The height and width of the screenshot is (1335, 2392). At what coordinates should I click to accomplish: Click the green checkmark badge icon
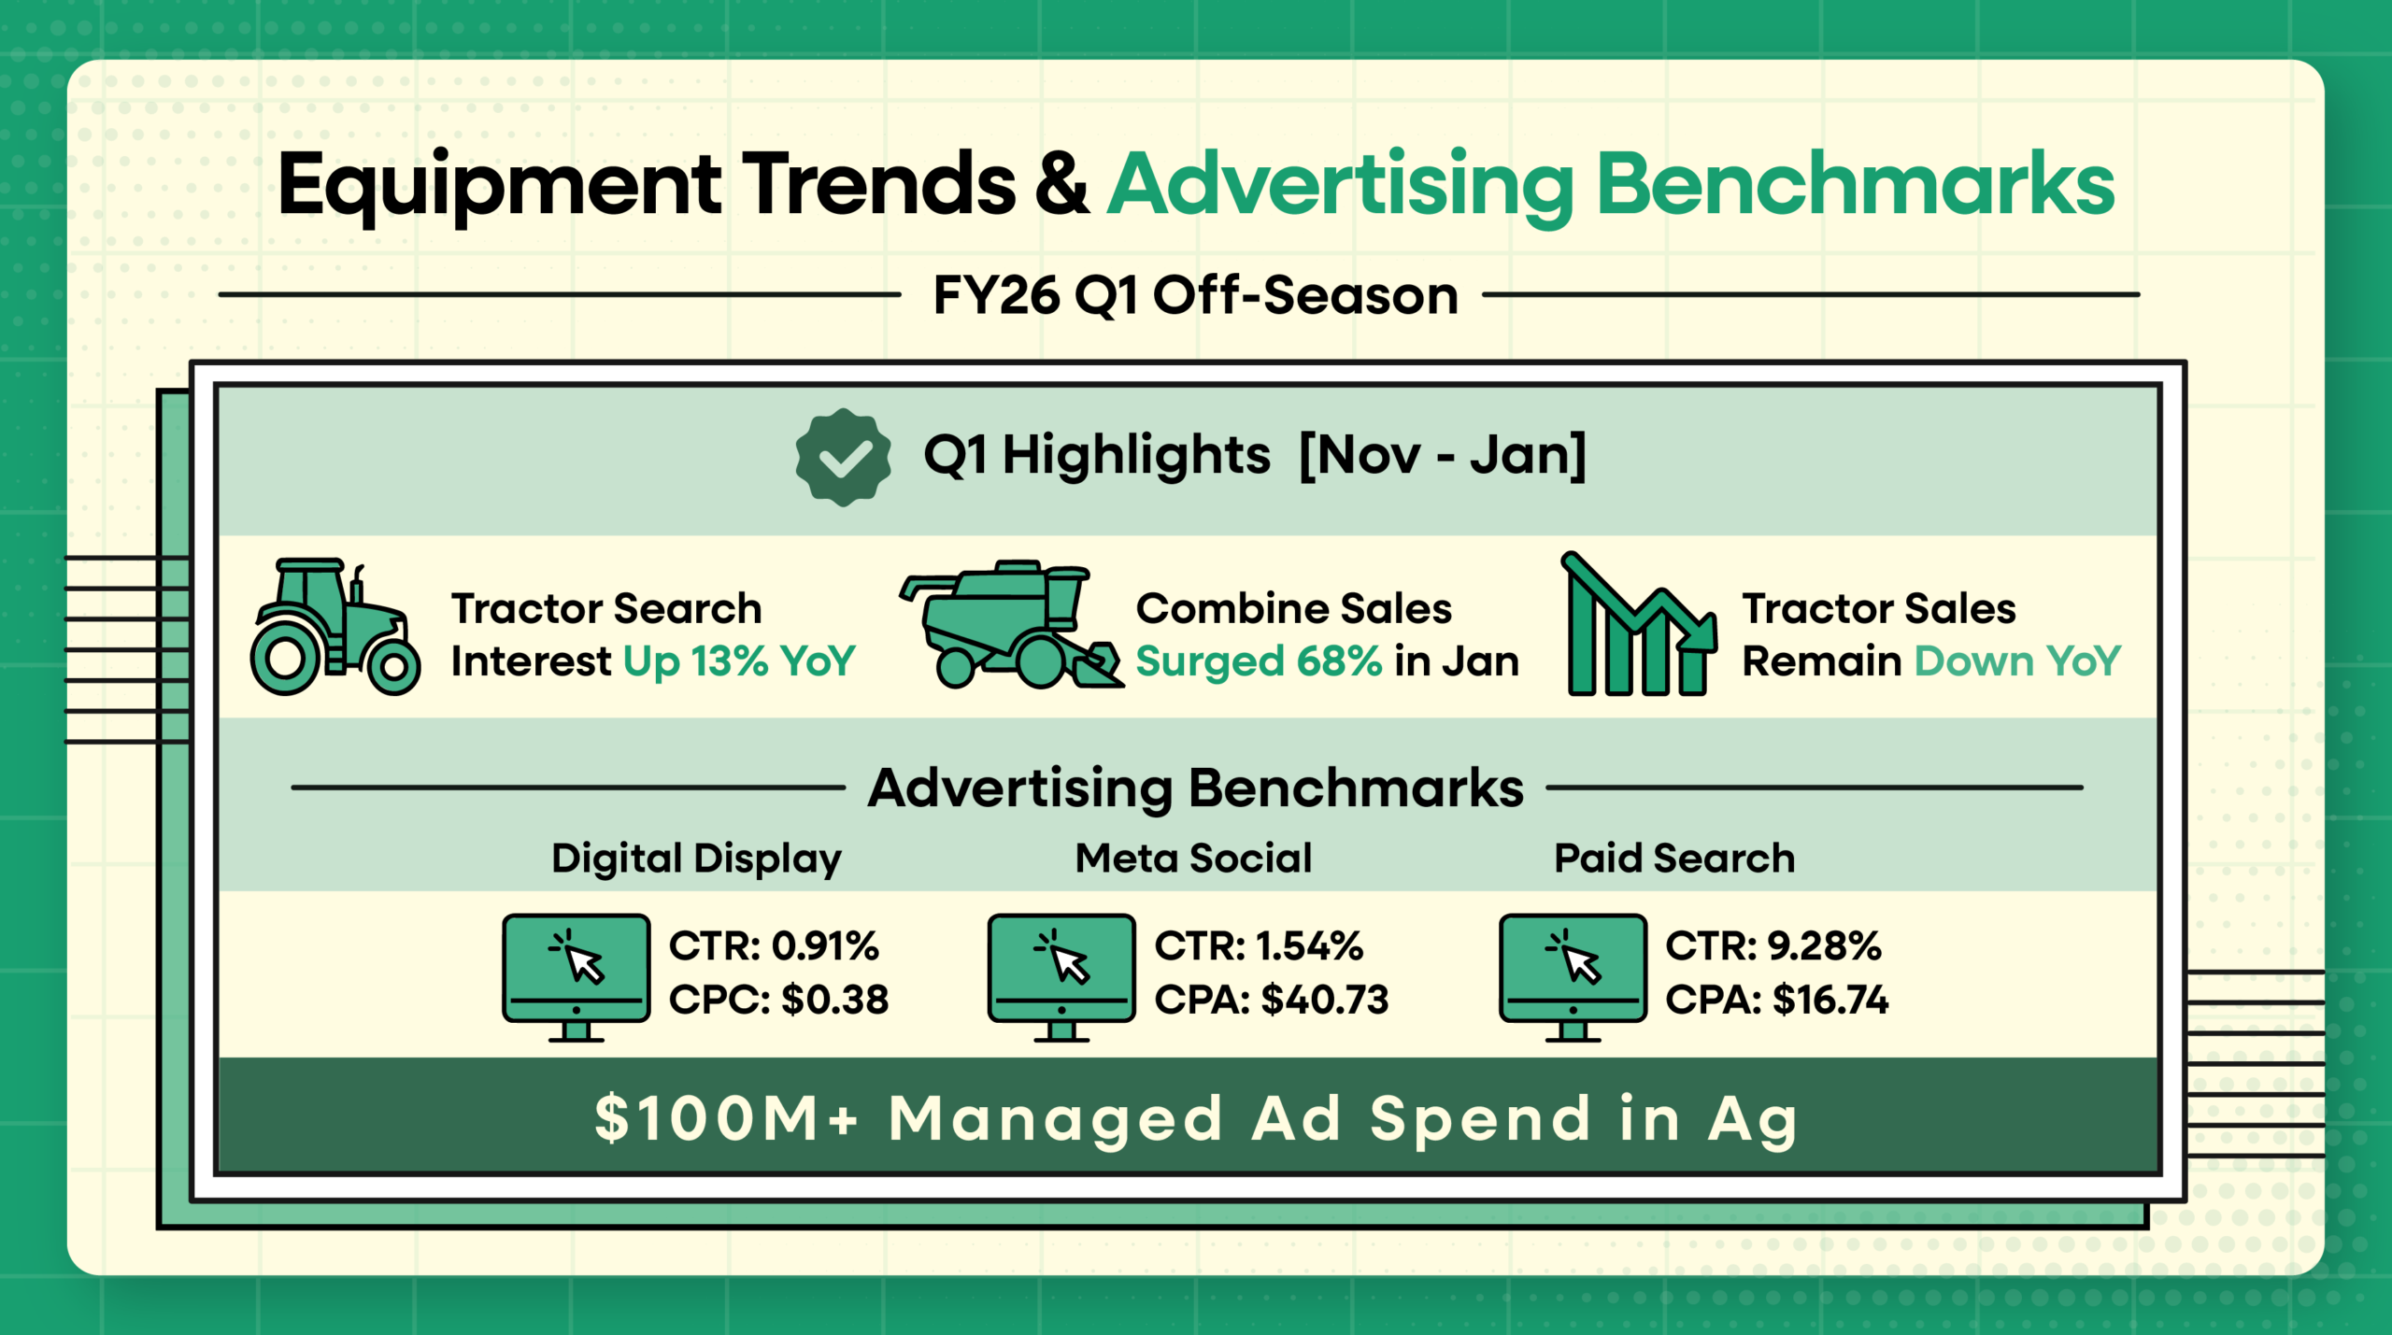[843, 457]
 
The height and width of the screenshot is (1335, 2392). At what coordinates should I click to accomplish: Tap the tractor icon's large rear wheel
[286, 659]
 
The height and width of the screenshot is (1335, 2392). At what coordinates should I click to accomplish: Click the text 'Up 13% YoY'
[738, 661]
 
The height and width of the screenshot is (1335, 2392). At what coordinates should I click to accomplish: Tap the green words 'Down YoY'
[2016, 661]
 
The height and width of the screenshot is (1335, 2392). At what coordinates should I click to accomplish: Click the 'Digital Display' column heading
[696, 858]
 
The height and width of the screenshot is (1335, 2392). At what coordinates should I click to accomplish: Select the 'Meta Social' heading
[1193, 858]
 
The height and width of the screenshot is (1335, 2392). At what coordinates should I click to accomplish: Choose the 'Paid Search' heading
[1673, 858]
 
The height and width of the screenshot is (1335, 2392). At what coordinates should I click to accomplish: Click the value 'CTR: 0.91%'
[774, 946]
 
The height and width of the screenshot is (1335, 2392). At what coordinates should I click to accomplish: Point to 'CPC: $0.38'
[778, 1000]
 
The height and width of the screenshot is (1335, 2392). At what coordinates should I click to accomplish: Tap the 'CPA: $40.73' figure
[1271, 1000]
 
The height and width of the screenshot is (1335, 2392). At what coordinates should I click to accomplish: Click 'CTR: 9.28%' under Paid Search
[1773, 946]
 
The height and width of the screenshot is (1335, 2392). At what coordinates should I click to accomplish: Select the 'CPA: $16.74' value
[1776, 1000]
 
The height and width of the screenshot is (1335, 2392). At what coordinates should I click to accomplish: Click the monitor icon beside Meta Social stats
[1061, 975]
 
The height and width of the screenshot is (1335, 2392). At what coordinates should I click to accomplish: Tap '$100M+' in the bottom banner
[726, 1118]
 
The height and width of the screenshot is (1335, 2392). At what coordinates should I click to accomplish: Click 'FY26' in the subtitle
[995, 296]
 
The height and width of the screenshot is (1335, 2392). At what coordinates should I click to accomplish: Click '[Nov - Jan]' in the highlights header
[1443, 456]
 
